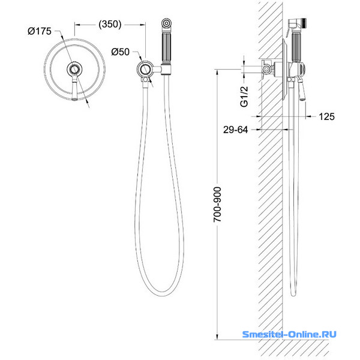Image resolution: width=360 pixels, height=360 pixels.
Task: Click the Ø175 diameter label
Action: click(40, 31)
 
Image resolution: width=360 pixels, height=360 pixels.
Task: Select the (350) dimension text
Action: click(110, 24)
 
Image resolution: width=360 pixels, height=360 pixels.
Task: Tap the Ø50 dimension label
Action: click(121, 52)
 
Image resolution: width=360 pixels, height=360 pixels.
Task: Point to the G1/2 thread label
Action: click(244, 97)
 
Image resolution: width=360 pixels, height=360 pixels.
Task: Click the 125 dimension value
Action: click(327, 116)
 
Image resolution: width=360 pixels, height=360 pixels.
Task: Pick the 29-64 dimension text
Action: click(236, 130)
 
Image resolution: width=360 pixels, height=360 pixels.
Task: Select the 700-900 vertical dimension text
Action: click(217, 205)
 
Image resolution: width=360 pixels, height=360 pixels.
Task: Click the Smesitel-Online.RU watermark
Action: click(289, 334)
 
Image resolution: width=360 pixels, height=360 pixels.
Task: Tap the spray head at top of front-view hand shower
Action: click(166, 24)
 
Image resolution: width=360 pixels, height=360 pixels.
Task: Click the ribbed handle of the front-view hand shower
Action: click(166, 48)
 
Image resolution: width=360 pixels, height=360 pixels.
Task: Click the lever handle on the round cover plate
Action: click(74, 88)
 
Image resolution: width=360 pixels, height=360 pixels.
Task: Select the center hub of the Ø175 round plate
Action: click(74, 69)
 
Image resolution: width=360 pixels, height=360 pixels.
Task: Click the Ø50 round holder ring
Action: click(145, 68)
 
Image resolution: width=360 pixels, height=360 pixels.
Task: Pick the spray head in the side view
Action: click(297, 25)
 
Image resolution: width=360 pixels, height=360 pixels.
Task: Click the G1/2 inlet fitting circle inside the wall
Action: click(266, 69)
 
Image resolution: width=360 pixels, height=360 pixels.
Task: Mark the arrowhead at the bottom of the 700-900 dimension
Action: click(217, 337)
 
